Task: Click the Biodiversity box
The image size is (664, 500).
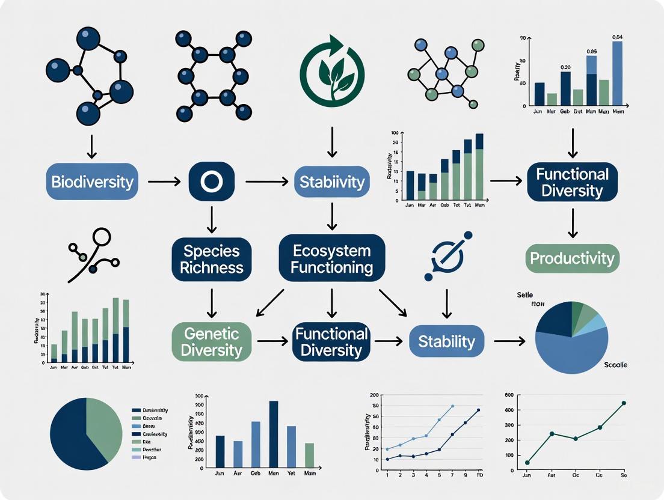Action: (x=92, y=181)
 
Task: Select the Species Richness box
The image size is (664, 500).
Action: (x=211, y=259)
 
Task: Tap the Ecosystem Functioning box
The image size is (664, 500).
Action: (x=331, y=259)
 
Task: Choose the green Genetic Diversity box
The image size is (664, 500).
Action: (x=211, y=341)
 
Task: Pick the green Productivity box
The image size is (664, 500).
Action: (x=572, y=259)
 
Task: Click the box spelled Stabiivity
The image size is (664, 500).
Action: (x=331, y=181)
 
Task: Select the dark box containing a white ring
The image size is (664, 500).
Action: (x=211, y=181)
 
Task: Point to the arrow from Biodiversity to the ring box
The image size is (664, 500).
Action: (x=164, y=181)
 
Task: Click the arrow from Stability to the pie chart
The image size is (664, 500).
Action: (x=509, y=341)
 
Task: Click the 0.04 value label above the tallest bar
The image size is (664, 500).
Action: (x=617, y=37)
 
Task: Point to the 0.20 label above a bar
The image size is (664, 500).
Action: (x=565, y=67)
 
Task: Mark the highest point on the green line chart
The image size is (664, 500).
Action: (x=624, y=403)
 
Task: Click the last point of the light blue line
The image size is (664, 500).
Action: (x=453, y=406)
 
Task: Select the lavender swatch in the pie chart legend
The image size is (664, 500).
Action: (x=135, y=457)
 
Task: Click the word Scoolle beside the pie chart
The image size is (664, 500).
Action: (x=615, y=365)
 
